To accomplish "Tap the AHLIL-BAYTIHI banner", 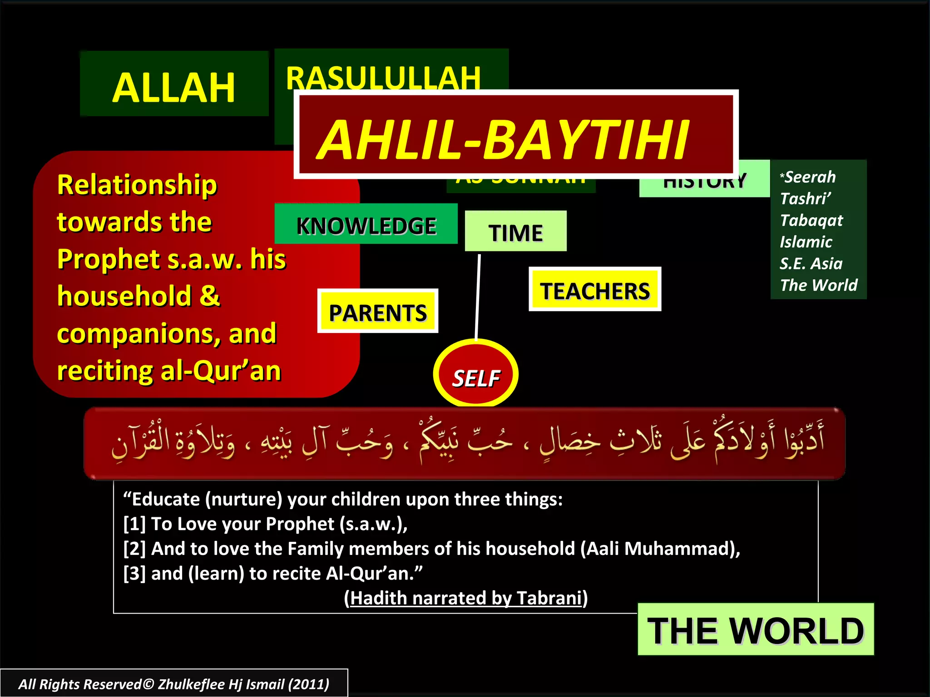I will (x=504, y=138).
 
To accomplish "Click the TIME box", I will (x=515, y=232).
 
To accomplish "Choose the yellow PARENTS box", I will (x=377, y=312).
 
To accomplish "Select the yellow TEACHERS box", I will (x=594, y=290).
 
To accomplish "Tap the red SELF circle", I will (x=475, y=375).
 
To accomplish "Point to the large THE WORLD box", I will (x=755, y=630).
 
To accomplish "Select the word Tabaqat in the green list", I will (x=811, y=221).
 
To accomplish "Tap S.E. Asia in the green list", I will (x=811, y=264).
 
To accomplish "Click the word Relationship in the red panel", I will (x=137, y=185).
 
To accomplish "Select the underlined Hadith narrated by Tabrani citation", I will (x=465, y=598).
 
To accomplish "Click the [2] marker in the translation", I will (x=134, y=549).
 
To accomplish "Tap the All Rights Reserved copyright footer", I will (x=173, y=684).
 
